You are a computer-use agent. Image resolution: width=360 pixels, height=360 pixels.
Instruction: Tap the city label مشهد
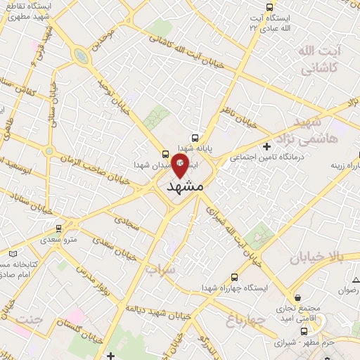tap(186, 187)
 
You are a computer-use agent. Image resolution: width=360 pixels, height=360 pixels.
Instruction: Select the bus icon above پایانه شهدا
tap(195, 138)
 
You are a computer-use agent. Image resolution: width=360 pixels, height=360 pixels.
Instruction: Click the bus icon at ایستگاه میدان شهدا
tap(166, 153)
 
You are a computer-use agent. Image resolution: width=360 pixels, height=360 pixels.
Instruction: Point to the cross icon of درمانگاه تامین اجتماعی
tap(266, 146)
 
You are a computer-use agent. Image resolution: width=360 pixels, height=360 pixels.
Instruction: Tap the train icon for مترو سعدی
tap(58, 229)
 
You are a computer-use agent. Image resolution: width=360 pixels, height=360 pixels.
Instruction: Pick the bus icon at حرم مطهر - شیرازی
tap(304, 330)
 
